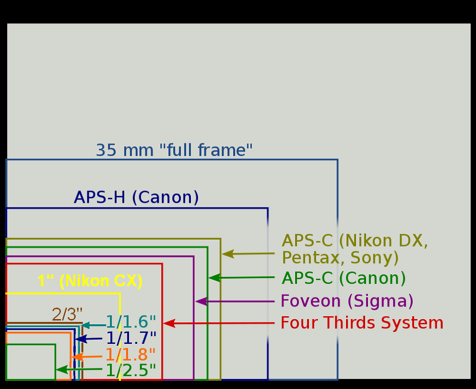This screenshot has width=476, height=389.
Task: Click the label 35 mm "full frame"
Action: click(x=174, y=150)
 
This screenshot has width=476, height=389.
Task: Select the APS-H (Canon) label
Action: click(x=136, y=197)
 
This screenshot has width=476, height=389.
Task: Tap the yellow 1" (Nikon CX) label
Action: click(x=90, y=281)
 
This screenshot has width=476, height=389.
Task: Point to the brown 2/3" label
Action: click(x=67, y=314)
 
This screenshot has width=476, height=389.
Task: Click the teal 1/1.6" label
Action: click(x=131, y=322)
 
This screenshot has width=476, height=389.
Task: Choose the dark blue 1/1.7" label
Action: click(x=131, y=338)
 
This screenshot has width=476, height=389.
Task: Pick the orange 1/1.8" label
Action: click(x=131, y=354)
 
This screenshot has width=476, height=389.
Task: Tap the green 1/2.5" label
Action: click(x=131, y=370)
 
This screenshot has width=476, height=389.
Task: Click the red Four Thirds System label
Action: click(x=362, y=322)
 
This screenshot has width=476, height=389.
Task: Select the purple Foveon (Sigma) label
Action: click(x=347, y=301)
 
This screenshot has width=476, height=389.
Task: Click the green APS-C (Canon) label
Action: click(x=344, y=278)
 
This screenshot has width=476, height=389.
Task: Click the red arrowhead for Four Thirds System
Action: click(x=169, y=323)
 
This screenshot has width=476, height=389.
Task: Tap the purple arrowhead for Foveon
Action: click(x=201, y=301)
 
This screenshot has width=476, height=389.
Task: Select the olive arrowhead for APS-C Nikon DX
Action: click(x=227, y=254)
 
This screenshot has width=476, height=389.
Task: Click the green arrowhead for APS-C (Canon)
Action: click(x=214, y=277)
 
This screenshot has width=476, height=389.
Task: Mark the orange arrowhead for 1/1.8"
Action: click(x=78, y=357)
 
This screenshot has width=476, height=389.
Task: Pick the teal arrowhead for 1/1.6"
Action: click(x=85, y=325)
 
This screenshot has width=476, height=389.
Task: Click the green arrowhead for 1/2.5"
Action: click(x=61, y=369)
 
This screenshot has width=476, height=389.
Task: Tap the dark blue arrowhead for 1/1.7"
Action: click(x=81, y=339)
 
